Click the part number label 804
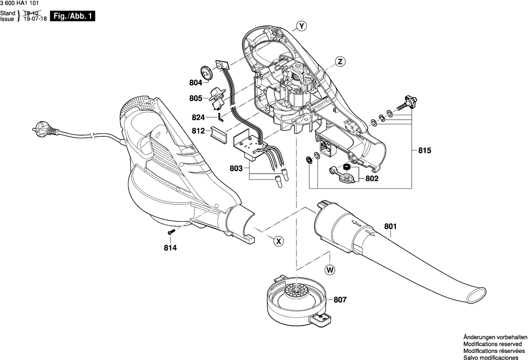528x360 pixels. [196, 83]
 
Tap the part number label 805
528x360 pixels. [196, 98]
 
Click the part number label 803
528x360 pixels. [237, 169]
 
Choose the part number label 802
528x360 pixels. [372, 179]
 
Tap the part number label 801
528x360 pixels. [390, 227]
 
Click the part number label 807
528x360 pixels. [340, 299]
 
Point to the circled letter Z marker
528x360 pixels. [340, 62]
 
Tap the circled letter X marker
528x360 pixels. [279, 241]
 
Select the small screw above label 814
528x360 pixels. [171, 232]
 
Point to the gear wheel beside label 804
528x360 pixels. [207, 74]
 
